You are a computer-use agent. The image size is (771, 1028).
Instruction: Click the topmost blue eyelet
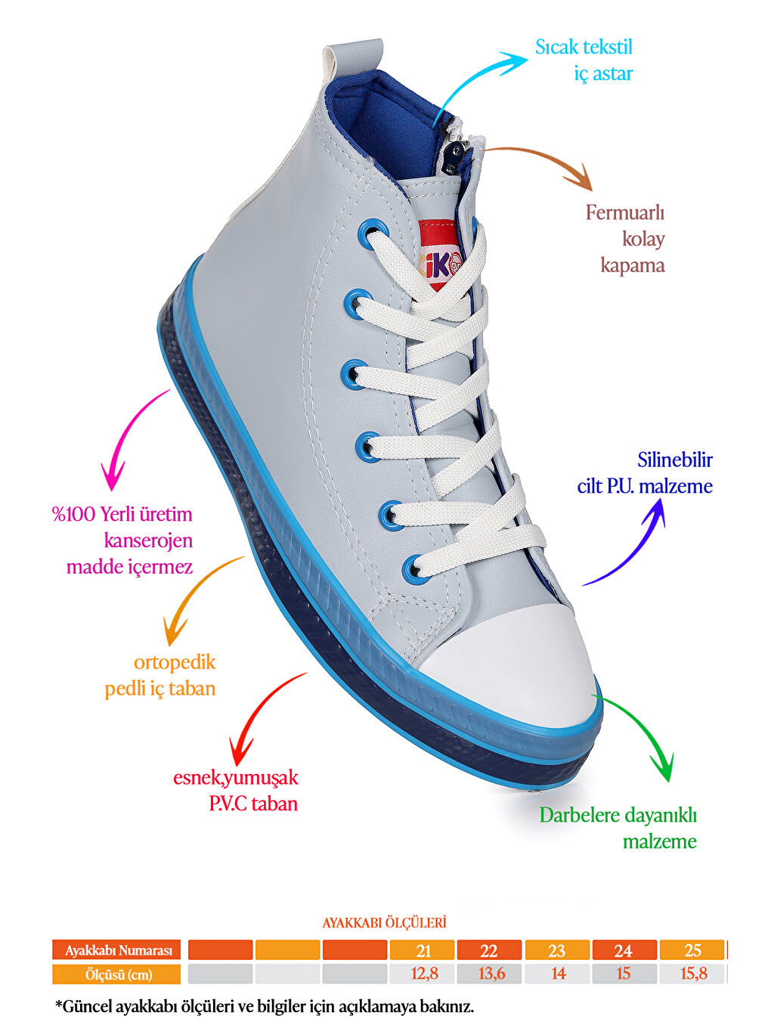pyautogui.click(x=373, y=233)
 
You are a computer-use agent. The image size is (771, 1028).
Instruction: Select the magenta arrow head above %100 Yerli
pyautogui.click(x=113, y=475)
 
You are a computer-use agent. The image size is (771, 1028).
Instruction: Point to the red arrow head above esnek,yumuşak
pyautogui.click(x=240, y=750)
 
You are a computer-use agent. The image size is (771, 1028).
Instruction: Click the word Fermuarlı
pyautogui.click(x=625, y=212)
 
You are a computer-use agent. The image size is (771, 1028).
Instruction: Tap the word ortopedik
pyautogui.click(x=175, y=663)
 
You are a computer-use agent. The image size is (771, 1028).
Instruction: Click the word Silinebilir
pyautogui.click(x=674, y=460)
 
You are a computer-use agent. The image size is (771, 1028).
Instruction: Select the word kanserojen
pyautogui.click(x=148, y=540)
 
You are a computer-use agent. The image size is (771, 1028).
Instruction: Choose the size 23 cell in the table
pyautogui.click(x=557, y=950)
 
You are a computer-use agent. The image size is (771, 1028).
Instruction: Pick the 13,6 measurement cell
pyautogui.click(x=489, y=974)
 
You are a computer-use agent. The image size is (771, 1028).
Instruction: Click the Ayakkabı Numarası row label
pyautogui.click(x=116, y=950)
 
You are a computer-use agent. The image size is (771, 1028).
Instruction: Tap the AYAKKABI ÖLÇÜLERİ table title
pyautogui.click(x=384, y=923)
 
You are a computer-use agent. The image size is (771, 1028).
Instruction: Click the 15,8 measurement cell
pyautogui.click(x=692, y=974)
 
